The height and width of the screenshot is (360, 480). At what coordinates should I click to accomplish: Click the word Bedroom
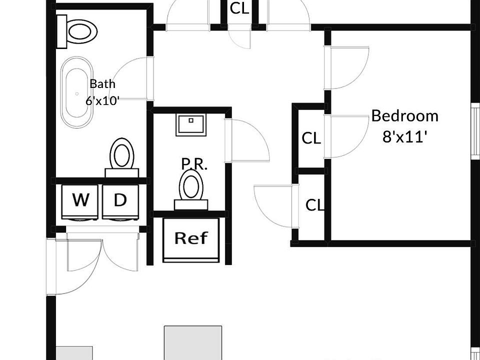click(404, 116)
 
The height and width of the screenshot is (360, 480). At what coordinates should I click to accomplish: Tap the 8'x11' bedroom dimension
click(404, 136)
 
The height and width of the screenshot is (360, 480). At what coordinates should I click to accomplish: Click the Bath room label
click(102, 83)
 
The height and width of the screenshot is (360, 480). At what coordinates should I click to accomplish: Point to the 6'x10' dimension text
click(102, 100)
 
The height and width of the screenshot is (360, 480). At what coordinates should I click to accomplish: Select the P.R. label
click(194, 164)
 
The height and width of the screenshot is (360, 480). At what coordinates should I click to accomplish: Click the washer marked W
click(80, 202)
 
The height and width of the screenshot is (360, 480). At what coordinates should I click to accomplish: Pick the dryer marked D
click(120, 202)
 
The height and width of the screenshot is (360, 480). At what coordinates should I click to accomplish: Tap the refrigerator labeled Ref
click(191, 240)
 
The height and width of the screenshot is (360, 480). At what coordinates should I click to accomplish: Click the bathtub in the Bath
click(77, 92)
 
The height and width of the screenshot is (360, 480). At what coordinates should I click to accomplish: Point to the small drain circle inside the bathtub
click(77, 94)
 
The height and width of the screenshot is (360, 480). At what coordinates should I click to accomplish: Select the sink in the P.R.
click(191, 124)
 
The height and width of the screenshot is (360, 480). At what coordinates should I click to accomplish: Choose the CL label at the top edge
click(239, 8)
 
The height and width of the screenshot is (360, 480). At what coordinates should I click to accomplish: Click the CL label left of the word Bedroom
click(311, 138)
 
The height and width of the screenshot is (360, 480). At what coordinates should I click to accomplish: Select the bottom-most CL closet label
click(314, 205)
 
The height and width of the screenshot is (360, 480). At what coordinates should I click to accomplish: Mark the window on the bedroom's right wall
click(475, 131)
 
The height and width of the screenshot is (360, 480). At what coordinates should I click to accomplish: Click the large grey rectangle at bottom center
click(193, 343)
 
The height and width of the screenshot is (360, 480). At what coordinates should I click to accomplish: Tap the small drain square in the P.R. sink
click(191, 120)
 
